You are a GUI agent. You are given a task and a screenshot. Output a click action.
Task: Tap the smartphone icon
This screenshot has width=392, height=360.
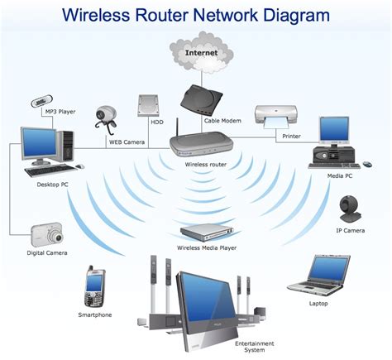tap(93, 287)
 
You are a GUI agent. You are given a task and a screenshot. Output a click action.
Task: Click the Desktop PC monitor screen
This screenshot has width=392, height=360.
tap(37, 146)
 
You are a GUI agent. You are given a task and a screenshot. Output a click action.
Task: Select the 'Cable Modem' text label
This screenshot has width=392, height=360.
tap(222, 121)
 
